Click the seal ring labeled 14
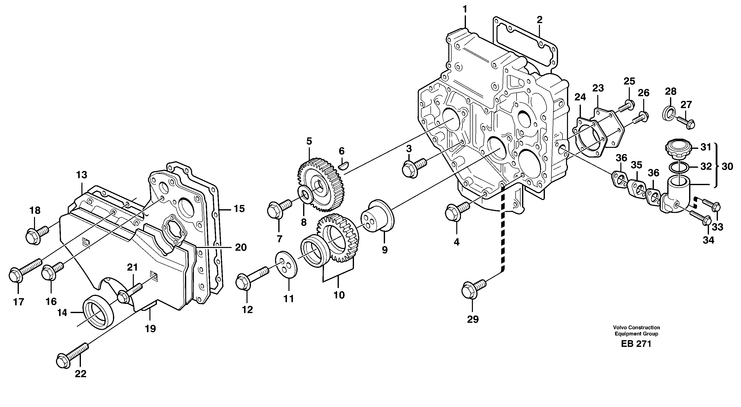(x=98, y=312)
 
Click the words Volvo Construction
(x=636, y=327)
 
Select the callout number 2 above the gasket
(x=539, y=20)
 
